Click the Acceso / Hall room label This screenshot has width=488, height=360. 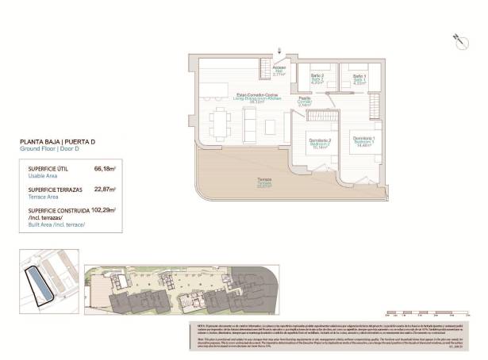click(x=279, y=71)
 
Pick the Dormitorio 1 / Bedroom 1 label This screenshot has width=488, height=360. click(x=365, y=143)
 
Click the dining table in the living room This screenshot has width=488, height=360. click(x=219, y=123)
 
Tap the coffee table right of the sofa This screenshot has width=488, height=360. click(x=267, y=122)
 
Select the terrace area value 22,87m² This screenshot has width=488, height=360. click(x=105, y=190)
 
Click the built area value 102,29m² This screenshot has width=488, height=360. click(x=103, y=210)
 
